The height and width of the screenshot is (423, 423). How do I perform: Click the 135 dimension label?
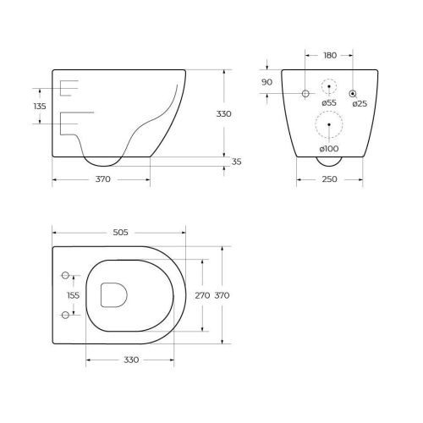pyautogui.click(x=40, y=107)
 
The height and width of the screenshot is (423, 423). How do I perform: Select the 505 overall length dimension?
pyautogui.click(x=120, y=233)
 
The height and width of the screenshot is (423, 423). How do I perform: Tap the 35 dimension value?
pyautogui.click(x=236, y=162)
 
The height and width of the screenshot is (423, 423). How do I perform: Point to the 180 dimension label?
pyautogui.click(x=330, y=56)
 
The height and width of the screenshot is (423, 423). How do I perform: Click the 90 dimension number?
pyautogui.click(x=266, y=82)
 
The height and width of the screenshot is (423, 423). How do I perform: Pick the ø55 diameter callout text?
pyautogui.click(x=329, y=103)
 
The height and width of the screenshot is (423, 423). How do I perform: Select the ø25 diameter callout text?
pyautogui.click(x=360, y=104)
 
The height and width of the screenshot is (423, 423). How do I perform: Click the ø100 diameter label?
pyautogui.click(x=329, y=149)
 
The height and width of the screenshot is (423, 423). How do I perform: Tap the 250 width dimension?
pyautogui.click(x=329, y=179)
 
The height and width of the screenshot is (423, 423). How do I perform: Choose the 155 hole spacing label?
pyautogui.click(x=74, y=295)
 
